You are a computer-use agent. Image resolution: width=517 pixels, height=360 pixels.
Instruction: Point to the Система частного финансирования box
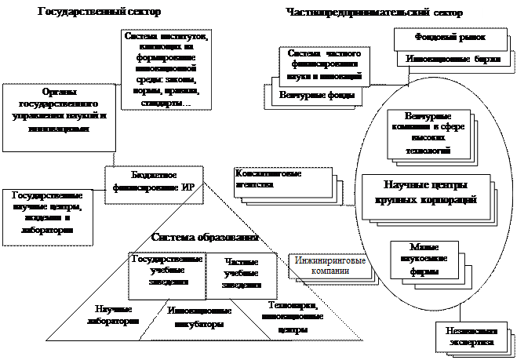[321, 64]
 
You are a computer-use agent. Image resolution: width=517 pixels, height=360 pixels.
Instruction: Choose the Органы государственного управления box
[54, 114]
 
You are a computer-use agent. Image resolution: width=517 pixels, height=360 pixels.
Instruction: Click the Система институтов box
[166, 70]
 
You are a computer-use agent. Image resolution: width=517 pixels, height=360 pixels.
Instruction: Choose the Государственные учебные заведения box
[167, 271]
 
